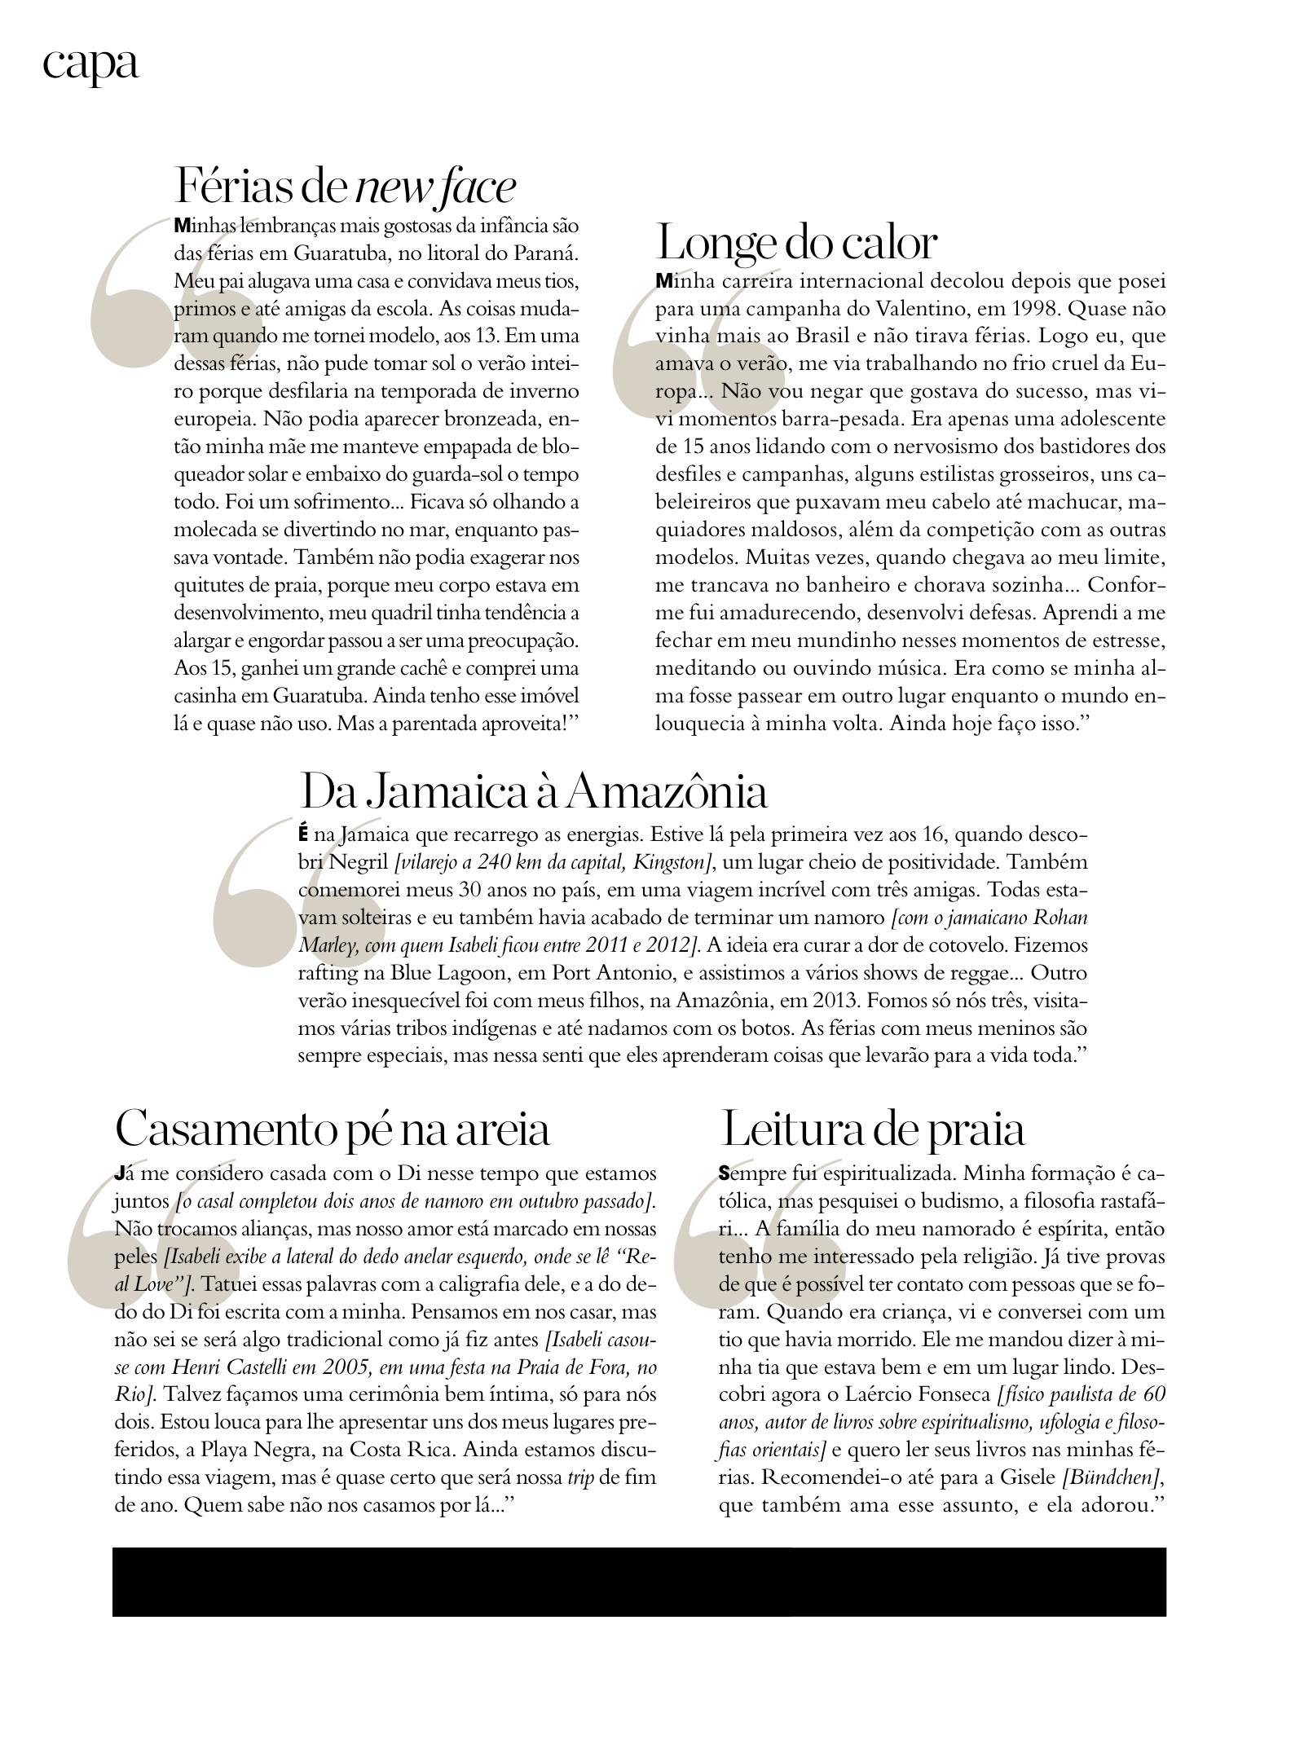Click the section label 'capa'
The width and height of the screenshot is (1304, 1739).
point(90,64)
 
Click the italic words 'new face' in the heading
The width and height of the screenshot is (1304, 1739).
point(436,187)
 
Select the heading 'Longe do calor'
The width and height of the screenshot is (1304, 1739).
point(797,242)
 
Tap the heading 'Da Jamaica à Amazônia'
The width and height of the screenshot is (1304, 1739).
point(534,790)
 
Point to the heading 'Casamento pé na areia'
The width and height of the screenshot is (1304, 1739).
point(333,1129)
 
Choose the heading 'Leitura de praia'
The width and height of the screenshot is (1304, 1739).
point(872,1129)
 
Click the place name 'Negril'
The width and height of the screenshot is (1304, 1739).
point(351,862)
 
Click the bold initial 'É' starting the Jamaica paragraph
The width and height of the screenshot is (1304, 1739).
point(304,834)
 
